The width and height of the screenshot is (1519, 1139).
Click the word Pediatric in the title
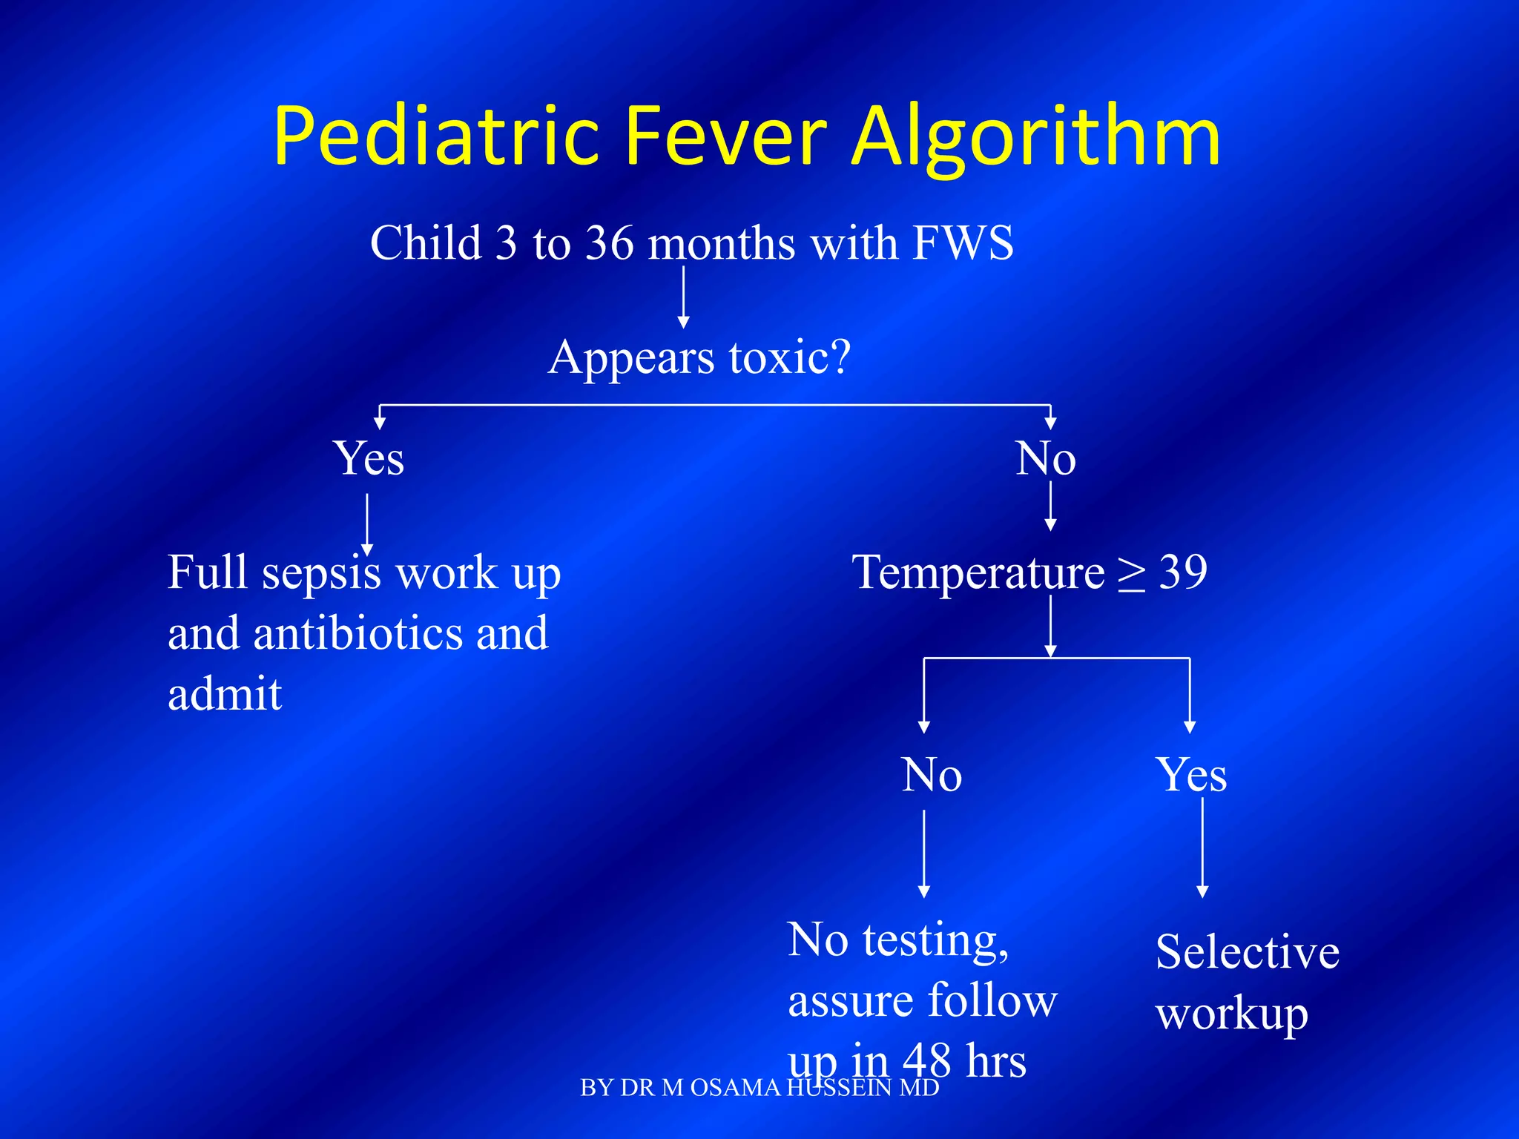point(436,137)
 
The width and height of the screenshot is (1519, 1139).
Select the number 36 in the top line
point(610,242)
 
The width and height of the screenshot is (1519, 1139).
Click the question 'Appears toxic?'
point(699,357)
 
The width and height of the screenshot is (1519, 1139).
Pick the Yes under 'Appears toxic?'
point(369,458)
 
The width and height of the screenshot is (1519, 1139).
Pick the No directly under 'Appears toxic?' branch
point(1045,458)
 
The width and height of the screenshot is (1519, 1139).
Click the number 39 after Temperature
point(1183,572)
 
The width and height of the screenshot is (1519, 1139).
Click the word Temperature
point(978,573)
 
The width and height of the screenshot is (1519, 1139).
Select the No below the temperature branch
point(932,775)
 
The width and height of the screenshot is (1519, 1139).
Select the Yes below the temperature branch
point(1191,775)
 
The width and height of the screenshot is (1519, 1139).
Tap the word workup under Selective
point(1231,1014)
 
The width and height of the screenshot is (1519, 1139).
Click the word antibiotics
point(357,634)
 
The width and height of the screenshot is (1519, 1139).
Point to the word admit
point(225,695)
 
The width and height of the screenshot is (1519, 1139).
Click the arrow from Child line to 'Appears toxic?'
point(683,297)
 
